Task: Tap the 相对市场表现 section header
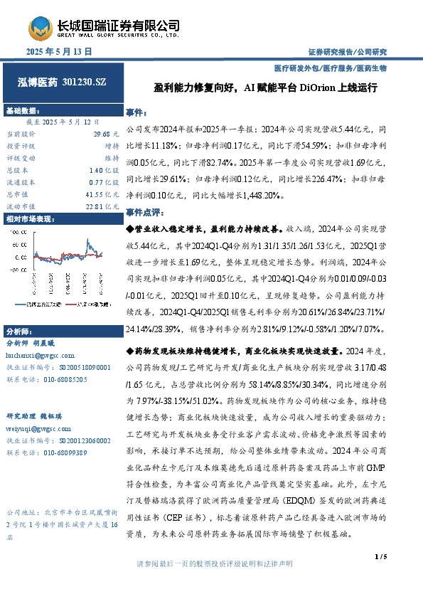(31, 220)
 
